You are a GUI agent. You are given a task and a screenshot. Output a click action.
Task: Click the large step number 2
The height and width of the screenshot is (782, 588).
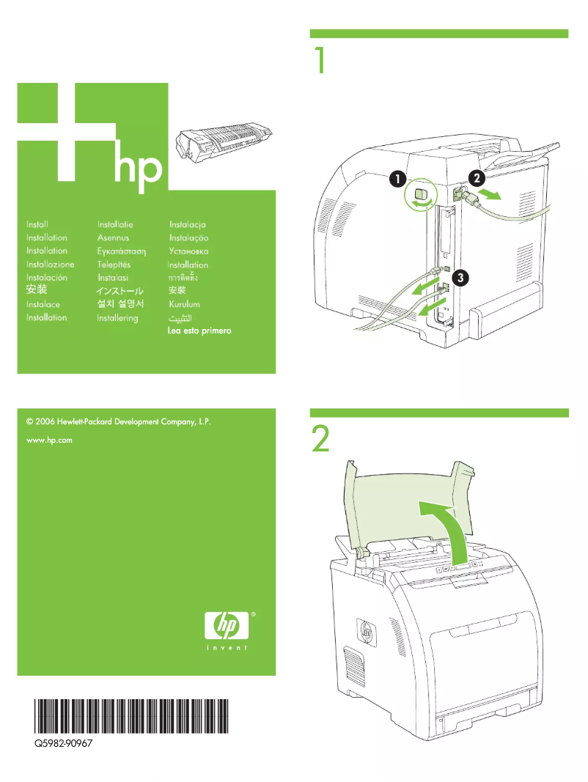click(x=320, y=440)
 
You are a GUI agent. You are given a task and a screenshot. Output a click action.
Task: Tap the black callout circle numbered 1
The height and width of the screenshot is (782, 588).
click(x=396, y=178)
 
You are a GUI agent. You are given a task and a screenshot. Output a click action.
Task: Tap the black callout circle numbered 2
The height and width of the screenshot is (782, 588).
click(x=476, y=177)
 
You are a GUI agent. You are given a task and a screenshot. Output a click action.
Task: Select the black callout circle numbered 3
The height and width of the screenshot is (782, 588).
click(x=460, y=277)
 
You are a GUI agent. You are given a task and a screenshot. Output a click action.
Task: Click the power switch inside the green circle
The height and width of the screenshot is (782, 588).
click(x=420, y=194)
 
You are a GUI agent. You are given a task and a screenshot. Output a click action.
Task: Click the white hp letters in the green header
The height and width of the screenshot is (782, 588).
click(x=137, y=168)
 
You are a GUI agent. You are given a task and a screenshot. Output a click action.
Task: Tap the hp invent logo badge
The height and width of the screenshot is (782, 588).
click(x=226, y=629)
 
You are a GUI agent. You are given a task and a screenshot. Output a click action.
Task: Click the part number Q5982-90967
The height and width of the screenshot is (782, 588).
click(x=63, y=743)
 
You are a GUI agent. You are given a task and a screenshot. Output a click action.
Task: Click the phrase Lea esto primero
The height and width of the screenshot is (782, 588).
click(x=200, y=331)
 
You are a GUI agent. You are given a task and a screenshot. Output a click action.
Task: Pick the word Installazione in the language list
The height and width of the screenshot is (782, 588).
click(x=50, y=265)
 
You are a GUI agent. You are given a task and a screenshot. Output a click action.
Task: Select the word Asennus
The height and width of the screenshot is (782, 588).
click(x=113, y=238)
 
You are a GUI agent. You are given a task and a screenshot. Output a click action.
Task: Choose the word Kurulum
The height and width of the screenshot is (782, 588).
click(x=184, y=304)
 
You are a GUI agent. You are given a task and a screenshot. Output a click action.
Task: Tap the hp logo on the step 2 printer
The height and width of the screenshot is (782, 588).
click(x=366, y=629)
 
